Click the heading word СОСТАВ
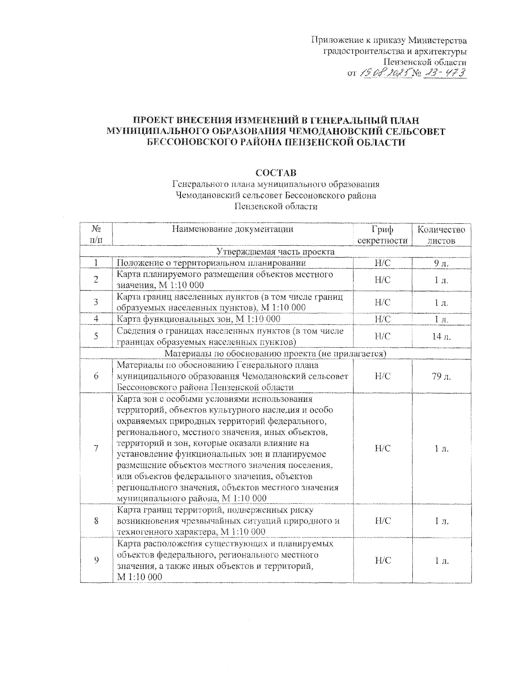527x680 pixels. coord(276,173)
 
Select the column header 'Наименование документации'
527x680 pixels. coord(232,229)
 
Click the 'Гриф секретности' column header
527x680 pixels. coord(383,235)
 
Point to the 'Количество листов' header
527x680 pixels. coord(441,235)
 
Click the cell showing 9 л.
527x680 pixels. coord(441,263)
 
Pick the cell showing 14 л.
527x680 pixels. coord(441,337)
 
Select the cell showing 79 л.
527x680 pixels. coord(441,376)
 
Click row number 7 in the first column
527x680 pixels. coord(96,448)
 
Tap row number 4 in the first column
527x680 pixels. coord(96,319)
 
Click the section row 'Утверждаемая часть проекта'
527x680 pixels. coord(276,252)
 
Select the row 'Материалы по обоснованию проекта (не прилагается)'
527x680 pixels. coord(276,354)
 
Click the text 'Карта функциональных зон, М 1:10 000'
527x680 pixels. coord(199,319)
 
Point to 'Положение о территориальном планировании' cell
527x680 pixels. coord(211,263)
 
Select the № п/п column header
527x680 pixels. coord(96,235)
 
